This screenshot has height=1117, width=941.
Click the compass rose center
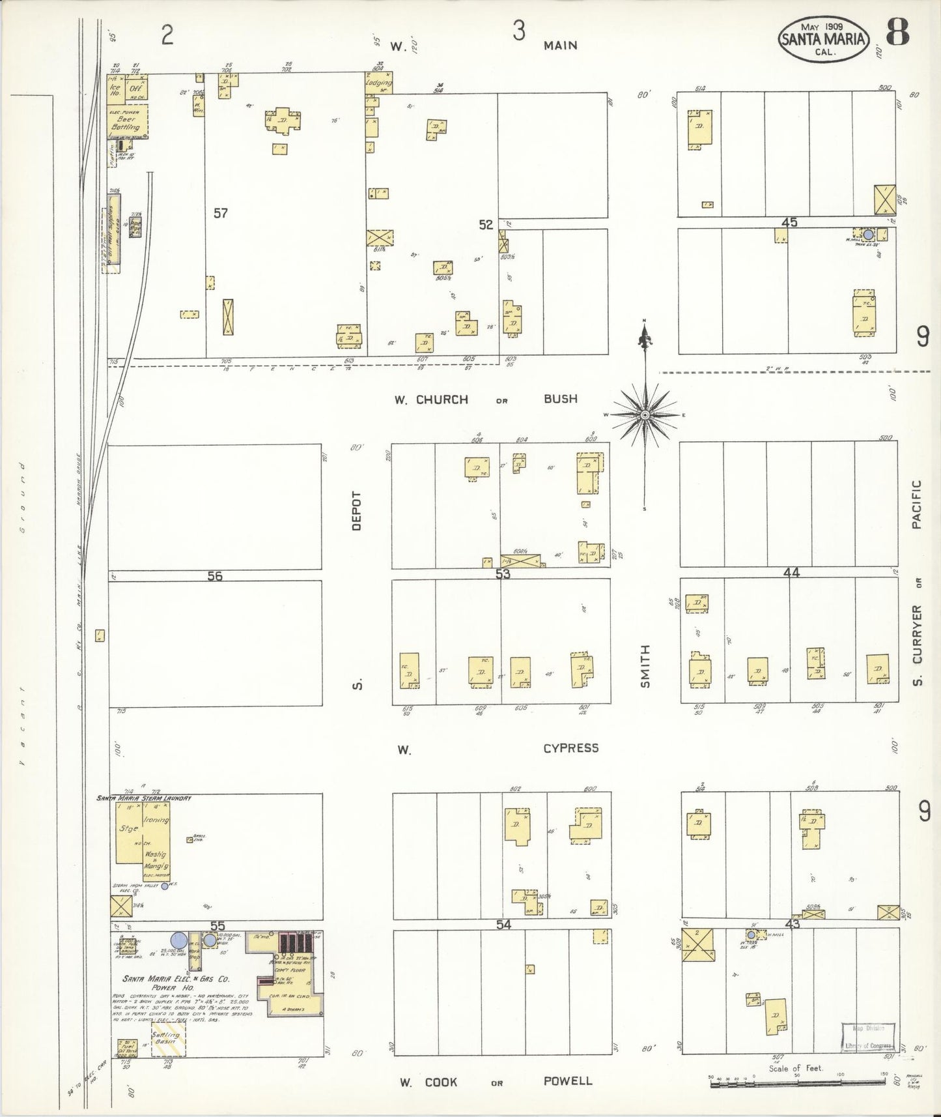click(644, 414)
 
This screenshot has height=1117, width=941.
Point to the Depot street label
click(356, 510)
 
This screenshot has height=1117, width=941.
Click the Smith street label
click(645, 665)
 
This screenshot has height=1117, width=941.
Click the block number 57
click(221, 212)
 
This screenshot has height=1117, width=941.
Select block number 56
click(215, 575)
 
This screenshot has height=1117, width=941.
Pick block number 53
click(503, 573)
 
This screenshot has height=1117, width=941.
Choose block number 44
click(791, 572)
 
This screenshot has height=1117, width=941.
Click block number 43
click(792, 924)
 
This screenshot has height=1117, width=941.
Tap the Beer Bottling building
click(127, 122)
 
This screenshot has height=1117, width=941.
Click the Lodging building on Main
click(378, 83)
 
